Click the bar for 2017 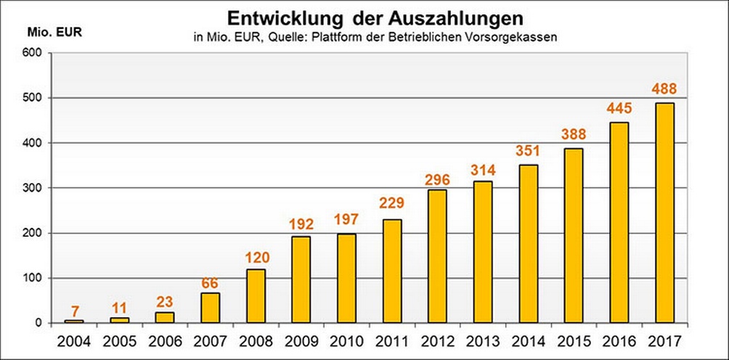click(x=664, y=213)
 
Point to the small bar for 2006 click(x=165, y=317)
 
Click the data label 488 click(x=664, y=89)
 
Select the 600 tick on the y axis click(x=35, y=53)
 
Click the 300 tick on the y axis click(x=35, y=188)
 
